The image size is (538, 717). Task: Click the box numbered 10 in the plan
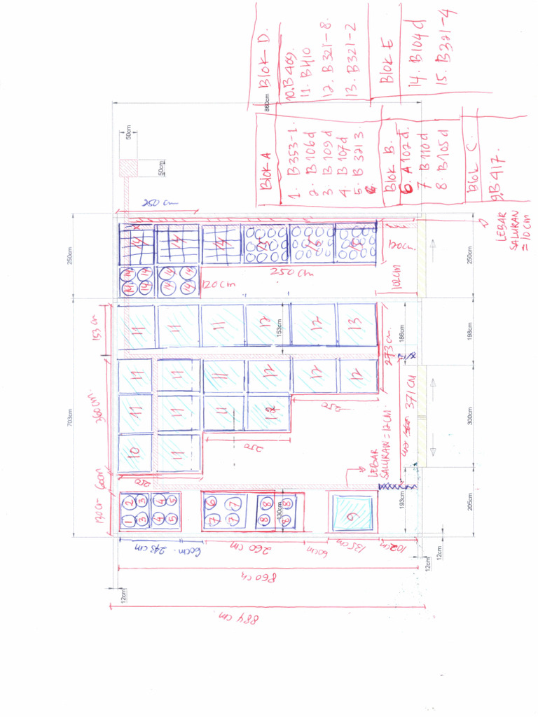135,452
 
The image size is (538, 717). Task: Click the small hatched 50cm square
129,168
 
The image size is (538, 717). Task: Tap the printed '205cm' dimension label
470,503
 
